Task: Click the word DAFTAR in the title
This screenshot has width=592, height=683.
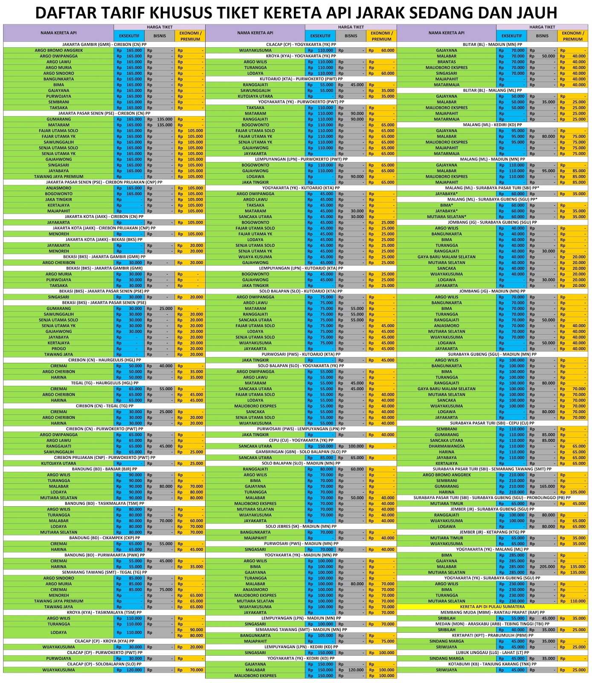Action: point(68,13)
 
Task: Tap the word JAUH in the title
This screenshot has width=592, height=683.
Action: point(534,13)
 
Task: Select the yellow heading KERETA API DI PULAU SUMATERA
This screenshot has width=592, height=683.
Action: point(492,607)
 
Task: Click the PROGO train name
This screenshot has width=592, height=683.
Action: point(58,349)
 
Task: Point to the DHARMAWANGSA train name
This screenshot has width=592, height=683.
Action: point(447,446)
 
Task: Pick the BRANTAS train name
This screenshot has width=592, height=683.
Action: point(447,62)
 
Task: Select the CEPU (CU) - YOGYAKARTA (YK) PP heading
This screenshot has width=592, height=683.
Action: point(301,440)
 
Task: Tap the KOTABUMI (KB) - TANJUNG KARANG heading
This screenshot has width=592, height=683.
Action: point(492,664)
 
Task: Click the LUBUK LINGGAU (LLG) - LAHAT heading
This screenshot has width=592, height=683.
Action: point(492,653)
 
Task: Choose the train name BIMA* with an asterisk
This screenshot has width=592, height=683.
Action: point(447,205)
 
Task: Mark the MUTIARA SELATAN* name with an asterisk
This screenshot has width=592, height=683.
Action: point(447,217)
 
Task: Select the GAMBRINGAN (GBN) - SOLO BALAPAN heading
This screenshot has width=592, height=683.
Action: point(301,452)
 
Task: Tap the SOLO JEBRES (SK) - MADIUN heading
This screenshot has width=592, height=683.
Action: point(301,526)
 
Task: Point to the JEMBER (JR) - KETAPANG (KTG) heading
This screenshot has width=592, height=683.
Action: point(492,532)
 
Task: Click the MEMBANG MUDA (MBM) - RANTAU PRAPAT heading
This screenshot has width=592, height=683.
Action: point(492,613)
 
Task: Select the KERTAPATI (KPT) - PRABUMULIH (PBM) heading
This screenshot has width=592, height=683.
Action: point(492,636)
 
